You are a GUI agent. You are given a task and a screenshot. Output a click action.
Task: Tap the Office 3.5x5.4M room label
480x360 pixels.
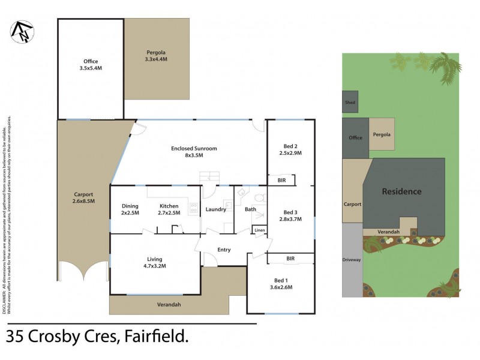point(91,65)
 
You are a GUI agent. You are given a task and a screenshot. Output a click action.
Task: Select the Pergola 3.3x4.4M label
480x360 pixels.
point(157,56)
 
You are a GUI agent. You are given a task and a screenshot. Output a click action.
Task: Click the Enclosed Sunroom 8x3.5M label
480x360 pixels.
point(193,151)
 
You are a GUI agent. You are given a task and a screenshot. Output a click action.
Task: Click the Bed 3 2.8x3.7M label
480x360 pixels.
point(290,215)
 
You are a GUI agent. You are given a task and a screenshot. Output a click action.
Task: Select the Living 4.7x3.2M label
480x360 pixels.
point(155,263)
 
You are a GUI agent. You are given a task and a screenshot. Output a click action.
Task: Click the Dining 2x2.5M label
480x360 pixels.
point(130,209)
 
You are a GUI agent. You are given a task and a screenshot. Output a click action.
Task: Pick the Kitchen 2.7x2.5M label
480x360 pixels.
point(169,209)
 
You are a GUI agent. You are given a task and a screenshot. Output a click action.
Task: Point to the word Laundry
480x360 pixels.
point(215,209)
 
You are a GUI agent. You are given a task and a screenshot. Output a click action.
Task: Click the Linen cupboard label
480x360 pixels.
point(259,230)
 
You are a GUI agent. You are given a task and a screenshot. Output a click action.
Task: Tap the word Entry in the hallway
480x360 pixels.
point(224,250)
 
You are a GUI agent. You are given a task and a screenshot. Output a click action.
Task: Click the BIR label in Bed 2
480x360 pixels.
point(281,180)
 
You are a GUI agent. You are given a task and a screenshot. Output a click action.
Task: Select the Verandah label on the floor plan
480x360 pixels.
point(168,305)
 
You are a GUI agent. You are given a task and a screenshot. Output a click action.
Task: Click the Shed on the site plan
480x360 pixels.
point(350,103)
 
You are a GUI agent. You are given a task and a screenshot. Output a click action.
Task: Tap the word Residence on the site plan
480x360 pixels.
point(401,191)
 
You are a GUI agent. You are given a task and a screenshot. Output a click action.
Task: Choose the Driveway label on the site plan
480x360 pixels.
point(352,260)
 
